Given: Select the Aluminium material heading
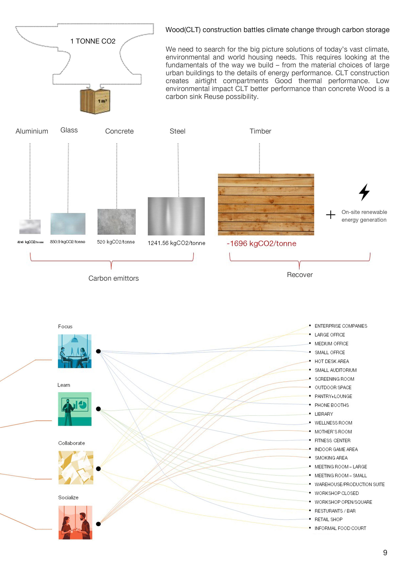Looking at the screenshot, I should pos(32,131).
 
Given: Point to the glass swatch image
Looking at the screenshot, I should pos(68,224).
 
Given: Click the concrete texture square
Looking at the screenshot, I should pos(117,222).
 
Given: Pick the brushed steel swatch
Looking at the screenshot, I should pos(176,216).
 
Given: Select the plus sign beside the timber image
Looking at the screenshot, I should pos(331,215).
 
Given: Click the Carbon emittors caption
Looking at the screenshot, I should pos(113,278).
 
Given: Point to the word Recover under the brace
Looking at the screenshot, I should pos(300,275).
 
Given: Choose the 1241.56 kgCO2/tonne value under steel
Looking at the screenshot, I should pos(176,243).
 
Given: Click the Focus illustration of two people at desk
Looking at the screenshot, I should pos(75,351).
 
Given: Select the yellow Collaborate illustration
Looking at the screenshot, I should pos(76,468).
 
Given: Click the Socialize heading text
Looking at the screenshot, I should pos(68,498).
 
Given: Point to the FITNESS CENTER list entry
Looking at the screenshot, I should pos(332,441).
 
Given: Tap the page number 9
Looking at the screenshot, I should pos(385,552).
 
